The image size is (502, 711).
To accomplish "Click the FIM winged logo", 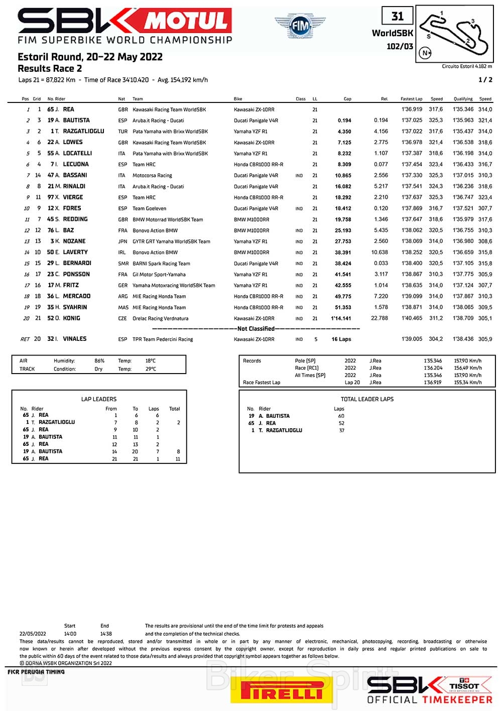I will (300, 25).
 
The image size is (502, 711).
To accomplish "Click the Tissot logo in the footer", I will (464, 685).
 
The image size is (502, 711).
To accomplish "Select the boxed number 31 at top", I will (397, 16).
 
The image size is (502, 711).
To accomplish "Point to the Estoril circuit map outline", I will (455, 34).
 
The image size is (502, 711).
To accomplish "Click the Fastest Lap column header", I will (411, 99).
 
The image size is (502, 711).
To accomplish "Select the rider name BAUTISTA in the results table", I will (76, 121).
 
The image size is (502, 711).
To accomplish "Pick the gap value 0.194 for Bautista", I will (344, 121).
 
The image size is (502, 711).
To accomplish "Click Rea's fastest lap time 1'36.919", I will (412, 109).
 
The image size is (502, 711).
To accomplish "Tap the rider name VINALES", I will (75, 339).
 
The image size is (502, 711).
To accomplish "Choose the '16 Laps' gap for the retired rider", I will (341, 339).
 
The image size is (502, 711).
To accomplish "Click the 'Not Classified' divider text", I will (256, 329).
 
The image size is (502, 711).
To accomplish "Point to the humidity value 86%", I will (99, 361).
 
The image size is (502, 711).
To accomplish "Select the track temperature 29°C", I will (151, 369).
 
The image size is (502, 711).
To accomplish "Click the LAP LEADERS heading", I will (99, 399).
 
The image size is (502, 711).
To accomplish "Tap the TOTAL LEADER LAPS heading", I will (367, 399).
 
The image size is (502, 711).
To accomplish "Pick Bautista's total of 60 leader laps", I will (341, 416).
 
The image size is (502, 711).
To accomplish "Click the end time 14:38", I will (106, 634).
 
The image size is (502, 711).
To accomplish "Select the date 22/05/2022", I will (33, 634).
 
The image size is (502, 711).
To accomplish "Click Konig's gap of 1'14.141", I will (341, 318).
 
